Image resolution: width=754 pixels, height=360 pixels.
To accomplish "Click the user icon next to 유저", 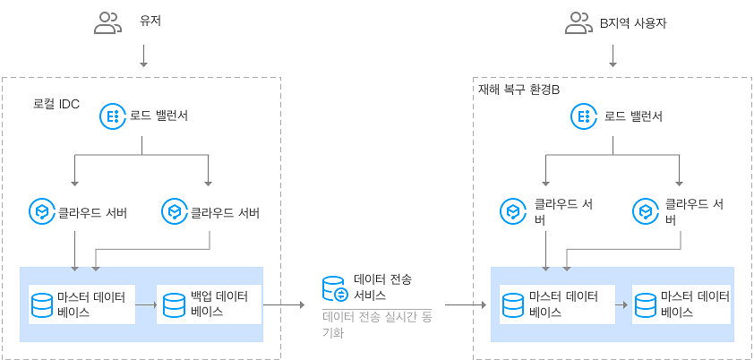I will (107, 23).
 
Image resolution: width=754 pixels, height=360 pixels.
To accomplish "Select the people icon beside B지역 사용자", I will (578, 23).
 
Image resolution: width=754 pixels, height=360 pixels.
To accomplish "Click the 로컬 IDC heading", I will (56, 104).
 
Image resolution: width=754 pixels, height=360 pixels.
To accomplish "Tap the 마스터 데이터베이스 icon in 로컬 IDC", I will (41, 304).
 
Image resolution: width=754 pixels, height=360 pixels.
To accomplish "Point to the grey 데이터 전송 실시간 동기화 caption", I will (376, 323).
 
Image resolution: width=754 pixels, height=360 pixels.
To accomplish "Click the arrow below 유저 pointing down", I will (143, 56).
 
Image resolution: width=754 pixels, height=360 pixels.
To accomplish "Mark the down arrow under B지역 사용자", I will (613, 56).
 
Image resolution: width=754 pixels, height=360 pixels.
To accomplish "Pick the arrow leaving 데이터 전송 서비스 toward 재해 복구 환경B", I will (465, 304).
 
